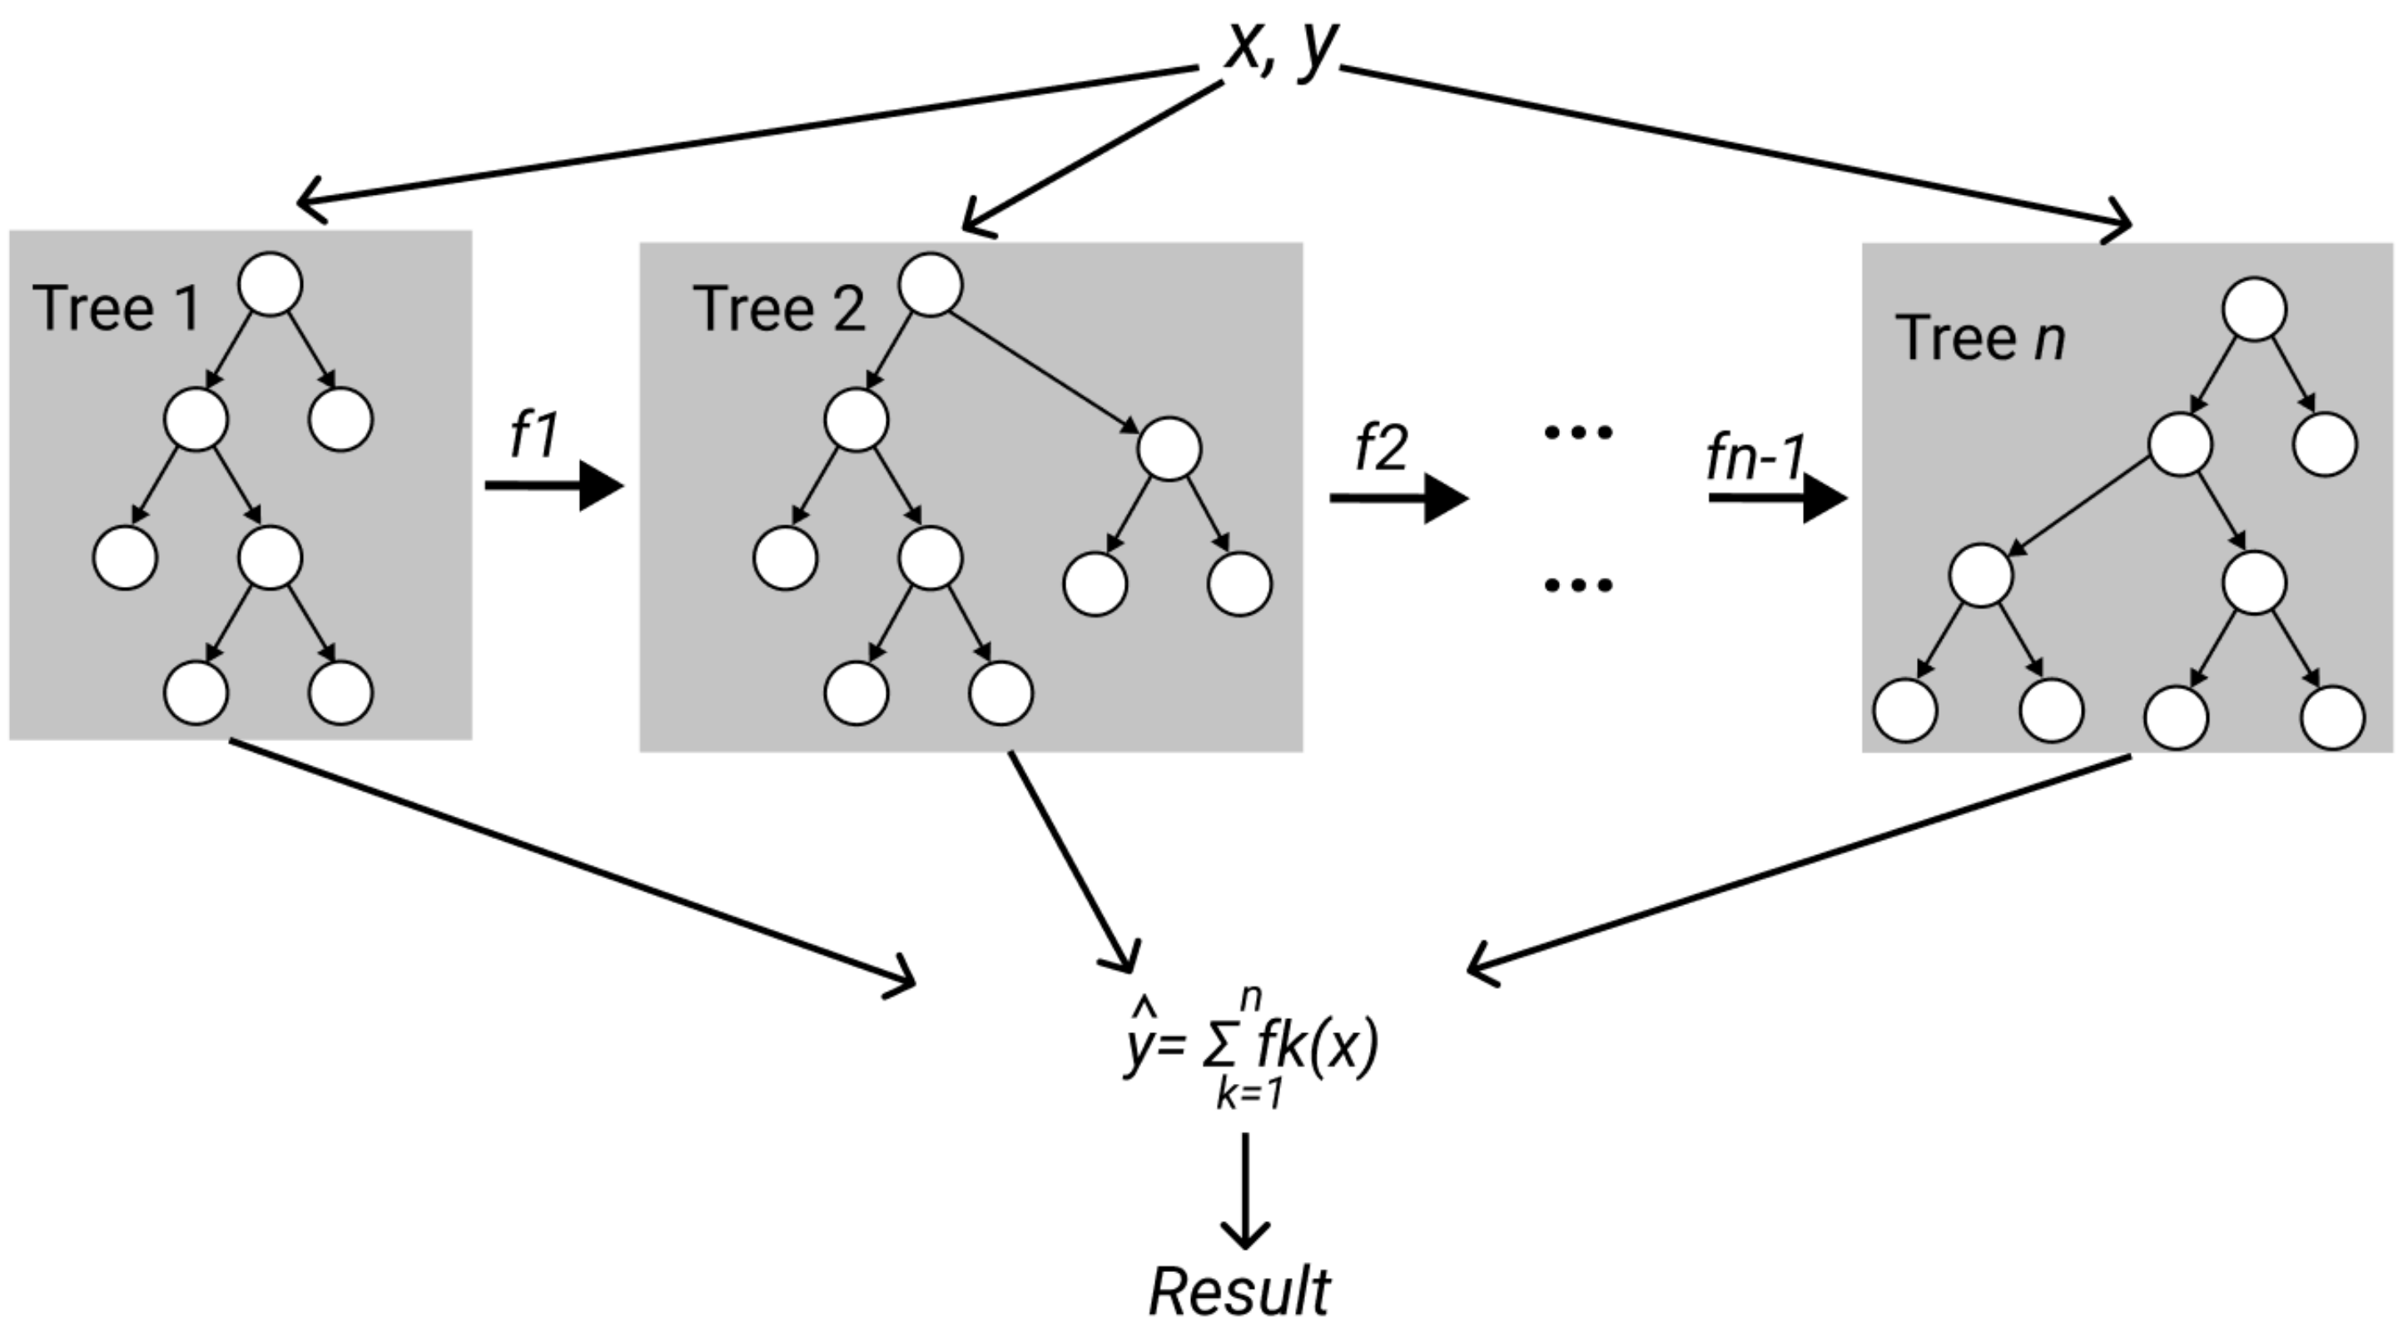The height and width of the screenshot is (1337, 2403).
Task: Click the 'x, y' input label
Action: pyautogui.click(x=1280, y=47)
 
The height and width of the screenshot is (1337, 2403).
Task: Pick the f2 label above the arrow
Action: pyautogui.click(x=1381, y=447)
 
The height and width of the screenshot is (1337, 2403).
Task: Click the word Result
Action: pyautogui.click(x=1239, y=1292)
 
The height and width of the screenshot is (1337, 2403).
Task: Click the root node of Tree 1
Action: pyautogui.click(x=271, y=284)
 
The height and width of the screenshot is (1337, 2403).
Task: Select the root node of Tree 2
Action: pyautogui.click(x=930, y=284)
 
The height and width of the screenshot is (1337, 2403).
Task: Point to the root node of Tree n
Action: pyautogui.click(x=2254, y=309)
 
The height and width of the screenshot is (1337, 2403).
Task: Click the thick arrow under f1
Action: pyautogui.click(x=554, y=485)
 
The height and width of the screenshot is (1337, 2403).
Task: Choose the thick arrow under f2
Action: pyautogui.click(x=1398, y=498)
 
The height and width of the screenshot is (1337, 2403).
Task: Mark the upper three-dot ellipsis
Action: pyautogui.click(x=1577, y=431)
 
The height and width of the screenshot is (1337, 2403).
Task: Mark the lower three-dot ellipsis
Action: pyautogui.click(x=1577, y=585)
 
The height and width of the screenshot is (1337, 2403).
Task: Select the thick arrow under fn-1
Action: pyautogui.click(x=1777, y=498)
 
